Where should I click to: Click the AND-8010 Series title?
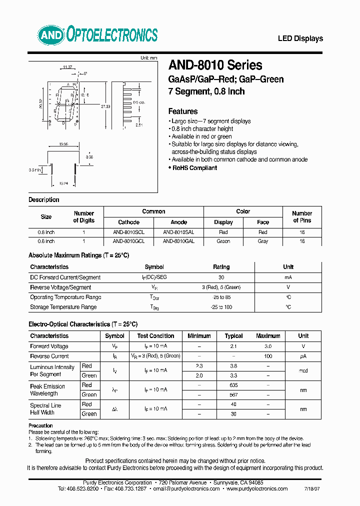click(x=215, y=65)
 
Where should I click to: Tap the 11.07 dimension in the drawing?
click(x=67, y=66)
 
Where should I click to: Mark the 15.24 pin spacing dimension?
click(x=64, y=183)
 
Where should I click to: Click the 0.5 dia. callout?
click(x=138, y=102)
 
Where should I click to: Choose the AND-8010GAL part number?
click(x=178, y=241)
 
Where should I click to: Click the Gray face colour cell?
click(x=263, y=241)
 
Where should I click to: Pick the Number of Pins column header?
click(x=302, y=216)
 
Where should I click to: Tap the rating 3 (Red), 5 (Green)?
click(x=221, y=287)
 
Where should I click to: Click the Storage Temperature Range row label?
click(x=63, y=307)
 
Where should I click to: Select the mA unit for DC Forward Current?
click(x=288, y=277)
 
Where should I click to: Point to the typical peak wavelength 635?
click(x=233, y=385)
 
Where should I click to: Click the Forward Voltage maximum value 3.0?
click(x=268, y=346)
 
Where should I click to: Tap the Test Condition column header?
click(x=155, y=336)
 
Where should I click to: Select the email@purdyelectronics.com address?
click(x=185, y=489)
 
